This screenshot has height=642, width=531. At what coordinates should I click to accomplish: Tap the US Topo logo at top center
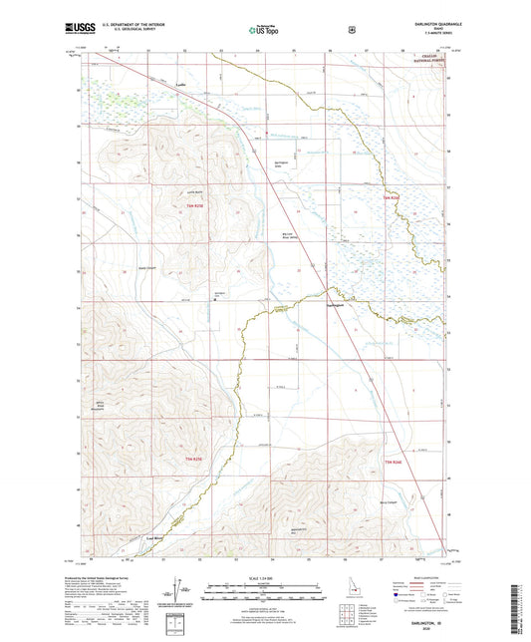tap(264, 31)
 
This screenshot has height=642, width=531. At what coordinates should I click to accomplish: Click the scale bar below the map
tap(264, 592)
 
